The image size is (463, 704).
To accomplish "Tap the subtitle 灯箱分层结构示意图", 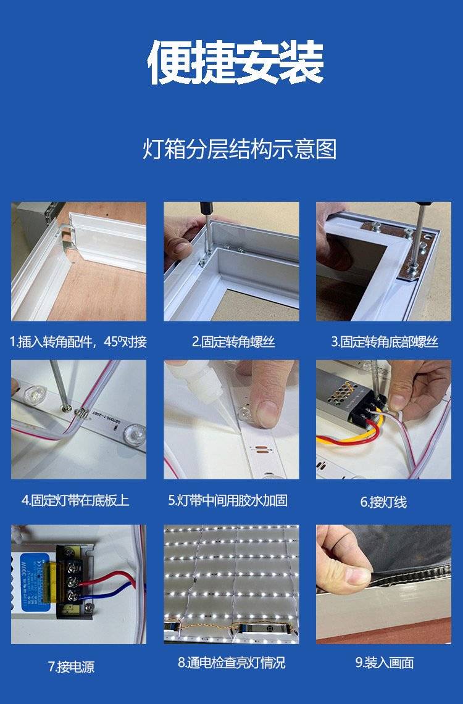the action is (x=240, y=149).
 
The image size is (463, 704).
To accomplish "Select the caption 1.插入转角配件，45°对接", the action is (x=78, y=342).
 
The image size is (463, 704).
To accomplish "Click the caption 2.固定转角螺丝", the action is (x=233, y=342).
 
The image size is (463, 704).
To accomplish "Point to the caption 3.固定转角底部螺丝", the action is (x=385, y=342).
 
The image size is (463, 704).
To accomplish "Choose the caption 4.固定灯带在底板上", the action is (x=75, y=500).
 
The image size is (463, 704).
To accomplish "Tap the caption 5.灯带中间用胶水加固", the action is (x=228, y=500).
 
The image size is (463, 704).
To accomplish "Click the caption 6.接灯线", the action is (x=383, y=502).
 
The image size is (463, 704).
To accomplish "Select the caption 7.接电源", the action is (x=72, y=667).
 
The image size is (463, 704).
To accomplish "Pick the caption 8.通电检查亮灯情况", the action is (x=231, y=663).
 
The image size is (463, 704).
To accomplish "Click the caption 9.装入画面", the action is (x=385, y=663).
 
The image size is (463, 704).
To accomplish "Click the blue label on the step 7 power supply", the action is (x=35, y=581).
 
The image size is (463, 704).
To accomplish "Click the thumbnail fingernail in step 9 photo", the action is (x=358, y=576).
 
